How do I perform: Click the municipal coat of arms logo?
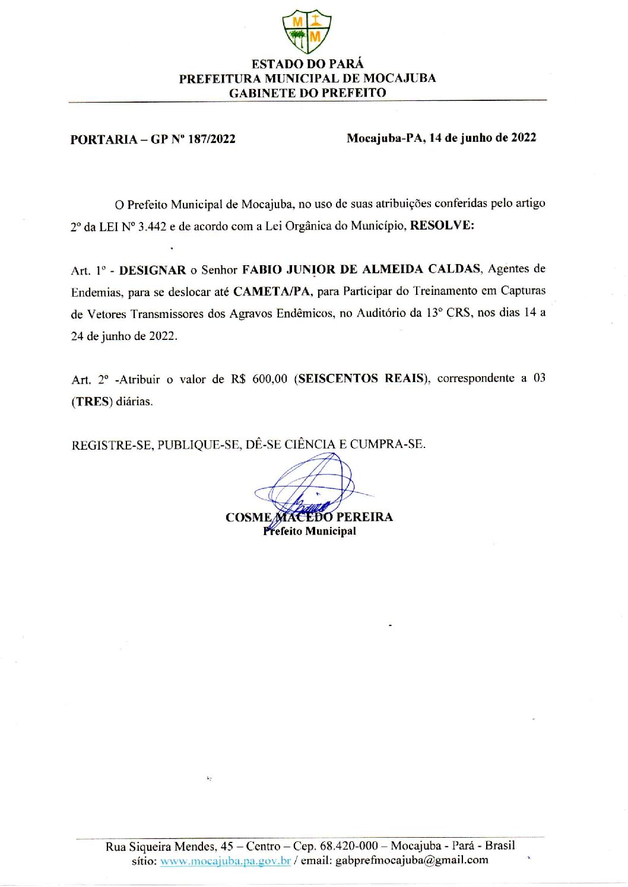307,31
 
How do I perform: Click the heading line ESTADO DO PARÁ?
307,64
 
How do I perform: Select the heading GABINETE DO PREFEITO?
307,93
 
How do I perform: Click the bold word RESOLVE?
442,225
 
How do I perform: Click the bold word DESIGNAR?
153,270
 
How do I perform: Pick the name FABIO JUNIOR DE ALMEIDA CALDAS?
361,269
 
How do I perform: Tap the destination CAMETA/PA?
272,291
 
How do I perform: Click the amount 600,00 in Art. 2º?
270,379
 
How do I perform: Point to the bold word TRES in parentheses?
92,401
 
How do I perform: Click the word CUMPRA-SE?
387,444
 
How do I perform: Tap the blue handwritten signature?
309,487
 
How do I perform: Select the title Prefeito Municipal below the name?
310,531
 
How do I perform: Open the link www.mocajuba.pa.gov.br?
225,860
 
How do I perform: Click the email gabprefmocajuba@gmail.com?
411,860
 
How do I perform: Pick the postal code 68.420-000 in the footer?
348,845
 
